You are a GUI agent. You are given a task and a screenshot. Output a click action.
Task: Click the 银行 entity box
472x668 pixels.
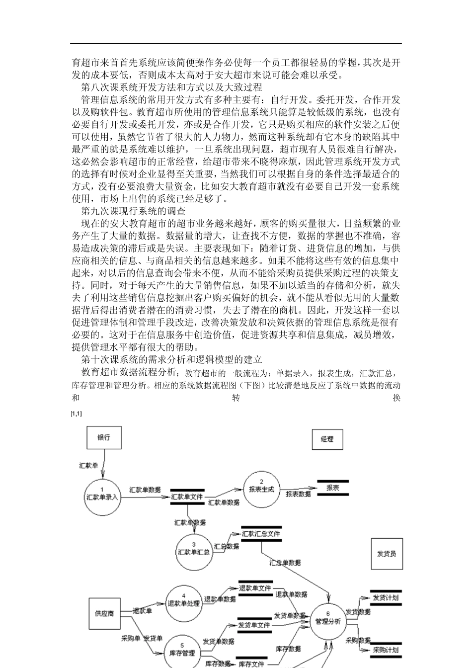104,438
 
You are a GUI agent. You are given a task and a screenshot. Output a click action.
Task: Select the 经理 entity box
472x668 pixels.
327,439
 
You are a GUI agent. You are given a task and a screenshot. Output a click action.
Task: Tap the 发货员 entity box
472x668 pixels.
387,554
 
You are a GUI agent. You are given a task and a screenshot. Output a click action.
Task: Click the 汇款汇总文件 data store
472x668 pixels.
261,534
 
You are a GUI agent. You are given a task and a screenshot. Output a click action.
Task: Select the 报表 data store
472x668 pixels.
333,488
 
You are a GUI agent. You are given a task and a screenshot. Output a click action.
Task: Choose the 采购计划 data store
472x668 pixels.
386,650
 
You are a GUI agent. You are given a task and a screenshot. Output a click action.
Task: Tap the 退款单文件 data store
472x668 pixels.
255,588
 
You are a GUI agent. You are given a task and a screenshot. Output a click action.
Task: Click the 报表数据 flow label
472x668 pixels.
298,494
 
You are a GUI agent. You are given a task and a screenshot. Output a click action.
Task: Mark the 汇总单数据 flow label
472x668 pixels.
285,563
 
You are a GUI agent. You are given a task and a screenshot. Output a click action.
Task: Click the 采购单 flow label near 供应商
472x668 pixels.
130,638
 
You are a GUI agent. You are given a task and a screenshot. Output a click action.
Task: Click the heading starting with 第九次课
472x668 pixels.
133,211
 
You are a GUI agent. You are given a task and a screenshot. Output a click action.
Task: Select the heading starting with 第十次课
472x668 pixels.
171,359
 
